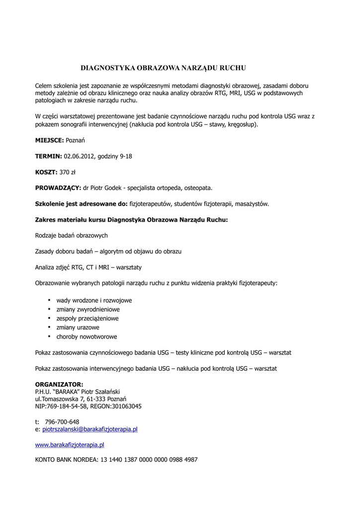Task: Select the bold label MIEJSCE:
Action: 50,141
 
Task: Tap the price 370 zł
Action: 67,172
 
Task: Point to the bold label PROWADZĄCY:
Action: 58,188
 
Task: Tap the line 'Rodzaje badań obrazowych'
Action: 72,236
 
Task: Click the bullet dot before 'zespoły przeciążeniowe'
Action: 49,318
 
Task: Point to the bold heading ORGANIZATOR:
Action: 59,384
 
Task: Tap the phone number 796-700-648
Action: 62,422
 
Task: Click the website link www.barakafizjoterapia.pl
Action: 70,445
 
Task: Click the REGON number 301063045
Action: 126,406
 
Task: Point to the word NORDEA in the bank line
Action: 85,460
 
